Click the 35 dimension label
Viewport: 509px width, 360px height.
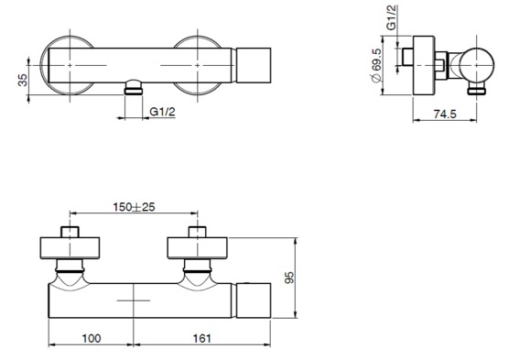click(x=23, y=80)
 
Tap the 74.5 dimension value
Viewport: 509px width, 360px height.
click(x=445, y=114)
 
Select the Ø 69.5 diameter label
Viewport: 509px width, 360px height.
click(x=376, y=65)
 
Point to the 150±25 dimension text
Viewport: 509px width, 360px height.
click(x=134, y=207)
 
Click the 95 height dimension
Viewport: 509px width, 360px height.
click(x=289, y=278)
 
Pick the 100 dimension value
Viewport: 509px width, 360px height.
click(x=92, y=338)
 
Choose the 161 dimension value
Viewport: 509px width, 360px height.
click(x=202, y=338)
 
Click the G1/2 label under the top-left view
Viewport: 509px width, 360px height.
click(x=162, y=112)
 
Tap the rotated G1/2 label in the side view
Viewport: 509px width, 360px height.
click(x=392, y=18)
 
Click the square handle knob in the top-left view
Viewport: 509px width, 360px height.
click(x=254, y=65)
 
